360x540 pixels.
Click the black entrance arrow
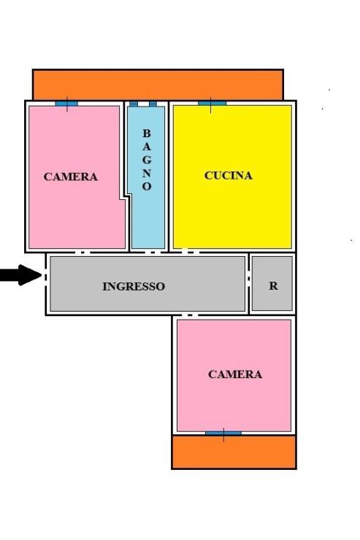[x=20, y=275]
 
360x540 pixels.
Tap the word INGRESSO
[x=134, y=286]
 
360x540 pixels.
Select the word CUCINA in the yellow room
[x=228, y=175]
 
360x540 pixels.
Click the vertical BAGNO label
[x=147, y=160]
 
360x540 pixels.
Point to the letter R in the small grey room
[x=273, y=285]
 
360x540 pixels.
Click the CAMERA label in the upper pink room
[x=71, y=177]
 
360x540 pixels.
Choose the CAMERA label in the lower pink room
[x=235, y=374]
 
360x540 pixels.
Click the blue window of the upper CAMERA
[x=67, y=104]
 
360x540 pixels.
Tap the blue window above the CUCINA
[x=212, y=104]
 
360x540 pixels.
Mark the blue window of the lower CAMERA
[x=223, y=433]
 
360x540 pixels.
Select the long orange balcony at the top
[x=158, y=85]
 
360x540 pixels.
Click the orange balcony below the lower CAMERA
[x=234, y=452]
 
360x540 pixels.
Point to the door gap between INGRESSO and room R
[x=249, y=278]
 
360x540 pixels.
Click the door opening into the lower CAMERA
[x=190, y=315]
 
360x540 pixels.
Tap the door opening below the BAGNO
[x=153, y=252]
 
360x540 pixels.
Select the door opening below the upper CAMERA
[x=83, y=252]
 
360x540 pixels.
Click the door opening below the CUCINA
[x=190, y=252]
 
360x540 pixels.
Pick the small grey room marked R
[x=272, y=283]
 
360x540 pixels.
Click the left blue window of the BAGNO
[x=134, y=104]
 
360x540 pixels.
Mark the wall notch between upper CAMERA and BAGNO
[x=126, y=197]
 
